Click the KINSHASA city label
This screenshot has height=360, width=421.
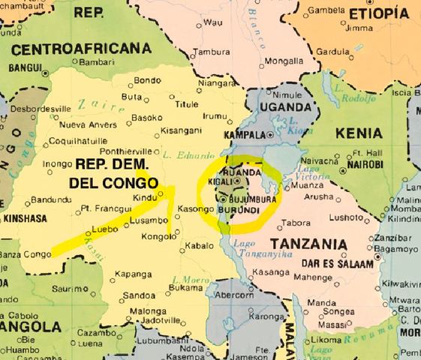coord(25,218)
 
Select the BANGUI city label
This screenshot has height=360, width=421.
coord(26,67)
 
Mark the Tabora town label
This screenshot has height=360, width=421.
coord(296,223)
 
